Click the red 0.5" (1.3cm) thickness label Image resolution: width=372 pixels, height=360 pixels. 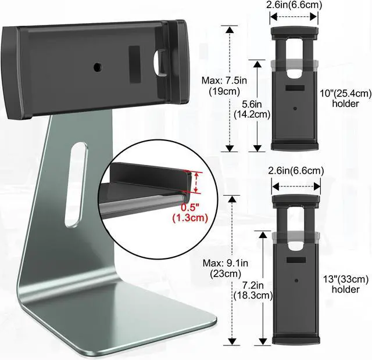coord(190,213)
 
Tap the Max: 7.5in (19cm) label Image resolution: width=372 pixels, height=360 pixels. coord(224,86)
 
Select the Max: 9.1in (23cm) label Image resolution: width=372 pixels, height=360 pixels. coord(226,268)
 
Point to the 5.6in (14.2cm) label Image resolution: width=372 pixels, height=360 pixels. coord(252,109)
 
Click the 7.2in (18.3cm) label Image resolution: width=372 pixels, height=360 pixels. coord(253,290)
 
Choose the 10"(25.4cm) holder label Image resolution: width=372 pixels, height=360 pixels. coord(346,99)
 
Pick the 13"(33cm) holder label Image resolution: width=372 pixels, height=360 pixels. coord(346,284)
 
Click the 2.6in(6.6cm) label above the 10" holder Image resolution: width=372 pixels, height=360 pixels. coord(294,5)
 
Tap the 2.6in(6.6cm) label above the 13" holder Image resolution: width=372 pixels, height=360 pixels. coord(296,171)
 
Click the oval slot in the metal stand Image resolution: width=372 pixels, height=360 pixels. coord(76,185)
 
